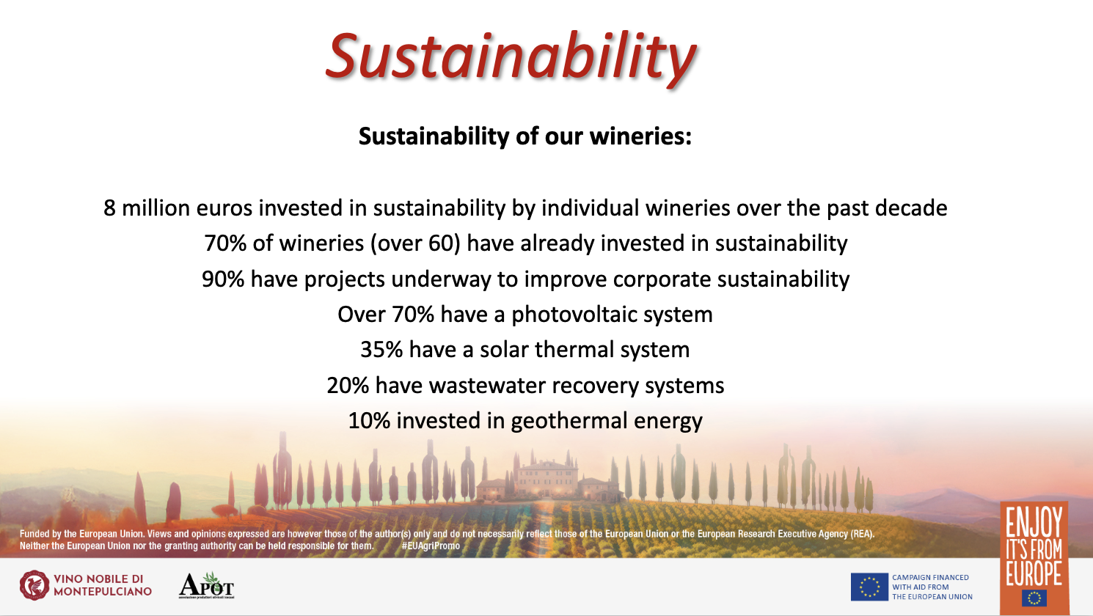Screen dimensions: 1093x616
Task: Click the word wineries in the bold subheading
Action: (x=640, y=136)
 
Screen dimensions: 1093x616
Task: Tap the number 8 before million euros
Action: (x=109, y=208)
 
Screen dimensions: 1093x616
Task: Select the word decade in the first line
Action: (x=911, y=208)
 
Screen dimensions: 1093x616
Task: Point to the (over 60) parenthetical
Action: (x=415, y=243)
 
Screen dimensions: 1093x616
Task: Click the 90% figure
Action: (x=223, y=279)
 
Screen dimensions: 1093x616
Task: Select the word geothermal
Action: (x=569, y=421)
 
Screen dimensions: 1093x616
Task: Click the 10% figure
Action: (x=369, y=421)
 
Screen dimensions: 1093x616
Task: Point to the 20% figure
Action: (x=348, y=386)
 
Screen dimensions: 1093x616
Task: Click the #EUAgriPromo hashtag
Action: (x=431, y=546)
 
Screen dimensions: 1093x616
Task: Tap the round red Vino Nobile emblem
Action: (x=34, y=585)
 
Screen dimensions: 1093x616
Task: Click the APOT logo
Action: (x=206, y=585)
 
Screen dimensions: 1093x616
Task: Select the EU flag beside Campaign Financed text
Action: (x=869, y=587)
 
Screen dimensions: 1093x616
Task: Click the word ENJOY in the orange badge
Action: (x=1034, y=521)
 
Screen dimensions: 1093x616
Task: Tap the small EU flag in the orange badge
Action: (x=1034, y=598)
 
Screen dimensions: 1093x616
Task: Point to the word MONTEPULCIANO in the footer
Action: (x=103, y=592)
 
